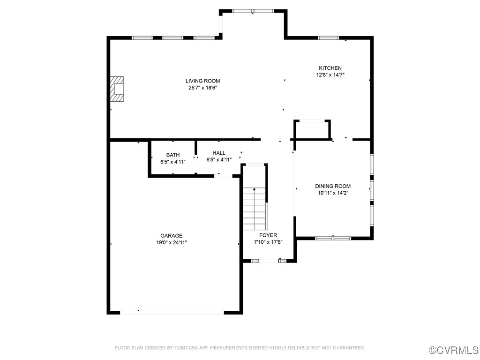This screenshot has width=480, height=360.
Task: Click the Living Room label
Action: (x=202, y=81)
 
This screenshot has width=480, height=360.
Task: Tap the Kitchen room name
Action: (x=330, y=68)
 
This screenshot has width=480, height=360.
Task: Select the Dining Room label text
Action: (x=332, y=186)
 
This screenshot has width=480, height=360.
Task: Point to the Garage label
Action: (x=171, y=236)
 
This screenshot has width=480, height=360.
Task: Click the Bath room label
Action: (x=172, y=155)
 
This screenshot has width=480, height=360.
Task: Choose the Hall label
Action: (x=218, y=153)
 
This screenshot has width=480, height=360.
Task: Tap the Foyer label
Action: (x=268, y=235)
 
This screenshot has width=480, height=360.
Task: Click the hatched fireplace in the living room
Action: (x=117, y=89)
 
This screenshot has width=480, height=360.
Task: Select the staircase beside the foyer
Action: (x=255, y=209)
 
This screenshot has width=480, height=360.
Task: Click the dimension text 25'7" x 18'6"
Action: (x=202, y=88)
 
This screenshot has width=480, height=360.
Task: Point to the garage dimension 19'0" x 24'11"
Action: (x=171, y=242)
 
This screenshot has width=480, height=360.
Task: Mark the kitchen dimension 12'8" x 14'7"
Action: (x=330, y=75)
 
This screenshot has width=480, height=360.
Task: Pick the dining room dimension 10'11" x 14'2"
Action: (x=332, y=193)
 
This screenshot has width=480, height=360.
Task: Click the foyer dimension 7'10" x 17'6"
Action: (x=268, y=242)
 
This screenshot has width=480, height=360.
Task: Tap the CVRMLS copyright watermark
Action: (x=454, y=350)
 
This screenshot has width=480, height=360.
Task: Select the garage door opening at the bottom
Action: (x=172, y=312)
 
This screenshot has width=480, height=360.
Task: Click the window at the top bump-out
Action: (x=253, y=11)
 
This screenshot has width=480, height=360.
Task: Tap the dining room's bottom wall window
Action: (x=333, y=238)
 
